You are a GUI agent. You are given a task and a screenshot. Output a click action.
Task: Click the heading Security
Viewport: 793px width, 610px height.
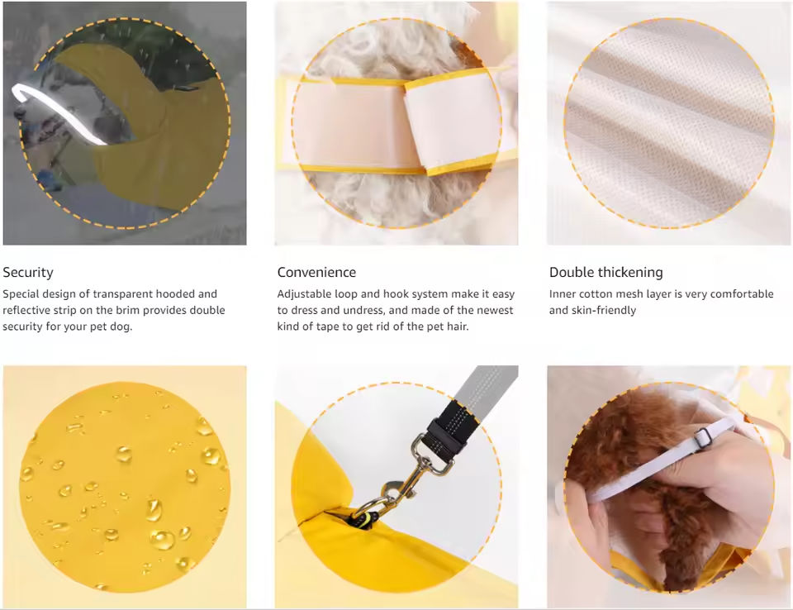[28, 272]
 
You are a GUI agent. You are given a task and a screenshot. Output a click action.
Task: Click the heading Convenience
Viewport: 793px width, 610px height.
[316, 272]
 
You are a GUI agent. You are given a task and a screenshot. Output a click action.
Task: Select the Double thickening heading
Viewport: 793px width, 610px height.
[605, 272]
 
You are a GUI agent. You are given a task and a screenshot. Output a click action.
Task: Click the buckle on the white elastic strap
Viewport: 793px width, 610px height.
[702, 437]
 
